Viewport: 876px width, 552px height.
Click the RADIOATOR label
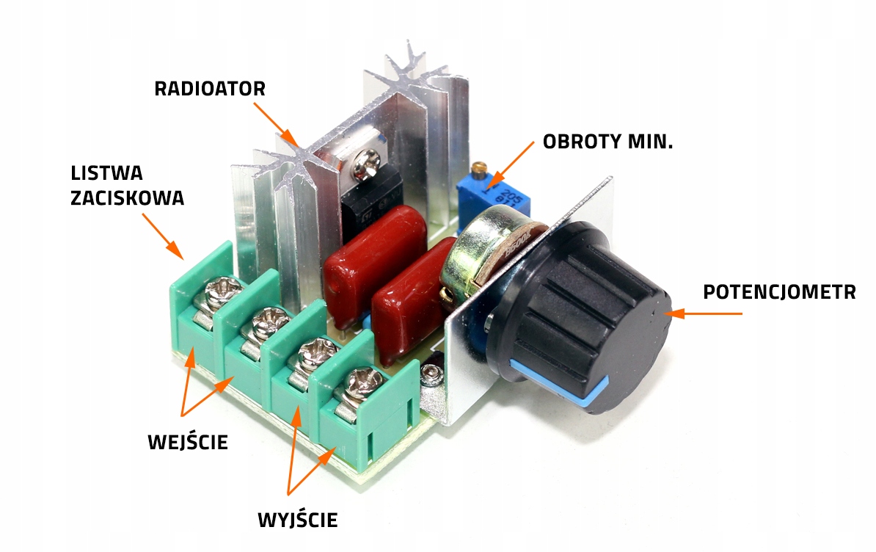pos(210,88)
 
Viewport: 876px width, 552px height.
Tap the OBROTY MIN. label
pos(607,142)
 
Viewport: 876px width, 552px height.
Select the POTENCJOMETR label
pos(779,291)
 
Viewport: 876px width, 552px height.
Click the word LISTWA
pos(106,173)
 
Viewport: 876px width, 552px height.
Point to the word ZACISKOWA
pos(128,197)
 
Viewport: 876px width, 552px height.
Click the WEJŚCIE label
pos(188,441)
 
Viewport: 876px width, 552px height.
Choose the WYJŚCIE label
pos(298,519)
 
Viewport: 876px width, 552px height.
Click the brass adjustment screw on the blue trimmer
pos(478,168)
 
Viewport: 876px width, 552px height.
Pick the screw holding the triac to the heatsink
pos(366,164)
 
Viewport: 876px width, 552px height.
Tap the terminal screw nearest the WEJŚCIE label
pos(223,291)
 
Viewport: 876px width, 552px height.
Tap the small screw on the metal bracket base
pos(430,374)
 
